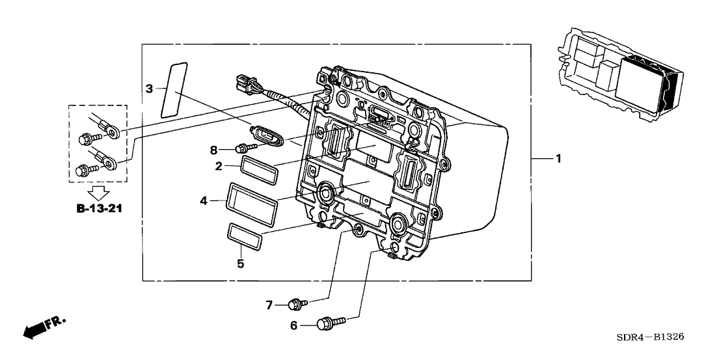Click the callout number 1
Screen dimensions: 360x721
point(558,159)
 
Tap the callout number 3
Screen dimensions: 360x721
point(149,89)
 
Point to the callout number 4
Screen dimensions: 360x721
point(204,201)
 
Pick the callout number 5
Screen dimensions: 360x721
point(240,264)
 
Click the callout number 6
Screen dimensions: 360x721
point(293,324)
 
